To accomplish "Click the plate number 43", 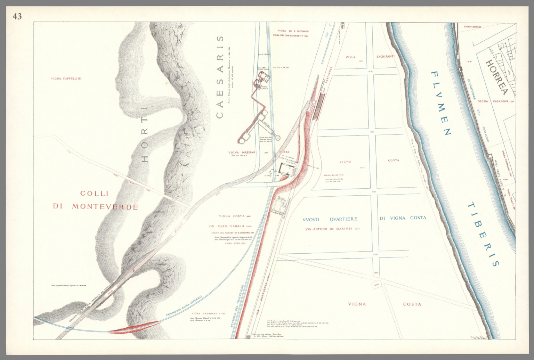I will [x=17, y=16].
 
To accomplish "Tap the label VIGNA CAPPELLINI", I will [x=66, y=79].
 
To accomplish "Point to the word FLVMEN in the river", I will [x=441, y=103].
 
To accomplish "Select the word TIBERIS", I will [x=483, y=235].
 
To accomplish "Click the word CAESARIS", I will [x=220, y=77].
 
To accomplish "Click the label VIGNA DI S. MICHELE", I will [x=291, y=31].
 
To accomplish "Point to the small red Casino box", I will [x=375, y=285].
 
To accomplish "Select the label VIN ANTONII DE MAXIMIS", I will [x=329, y=229].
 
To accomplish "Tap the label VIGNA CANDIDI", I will [x=472, y=27].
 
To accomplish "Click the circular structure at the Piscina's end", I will [x=278, y=138].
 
